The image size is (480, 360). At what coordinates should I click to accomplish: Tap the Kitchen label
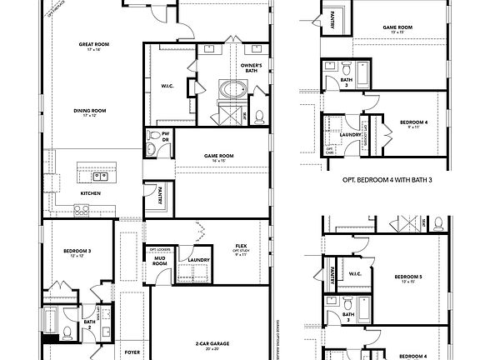(x=91, y=193)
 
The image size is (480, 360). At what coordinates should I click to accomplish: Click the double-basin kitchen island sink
(x=99, y=176)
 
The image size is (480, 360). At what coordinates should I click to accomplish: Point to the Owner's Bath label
(x=252, y=67)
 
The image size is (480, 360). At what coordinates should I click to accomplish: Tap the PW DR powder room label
(x=164, y=135)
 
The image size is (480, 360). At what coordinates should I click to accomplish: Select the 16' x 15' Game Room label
(x=219, y=157)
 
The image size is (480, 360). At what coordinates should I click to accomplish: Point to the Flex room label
(x=242, y=247)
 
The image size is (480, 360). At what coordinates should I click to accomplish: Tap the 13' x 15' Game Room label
(x=397, y=29)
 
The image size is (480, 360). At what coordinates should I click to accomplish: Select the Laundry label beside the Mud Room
(x=198, y=260)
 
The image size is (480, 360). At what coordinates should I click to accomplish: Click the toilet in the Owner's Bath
(x=258, y=117)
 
